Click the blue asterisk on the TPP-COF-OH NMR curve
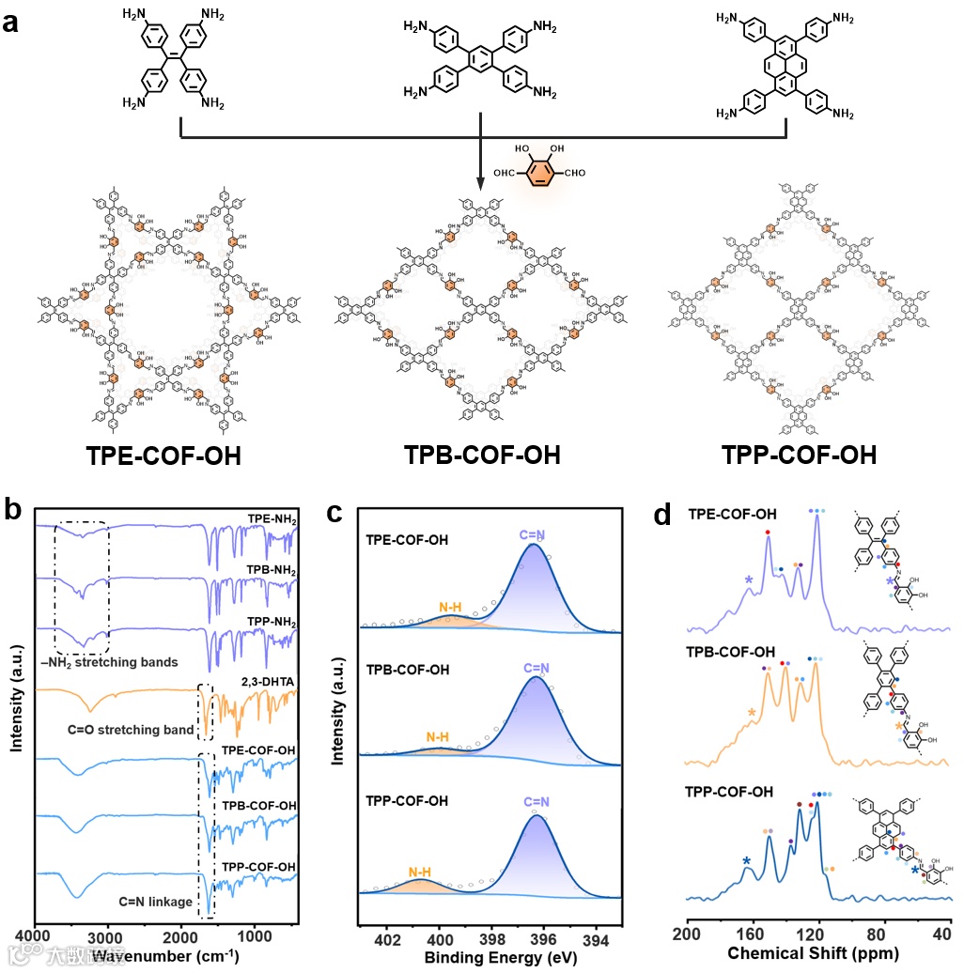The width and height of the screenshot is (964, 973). (746, 861)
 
